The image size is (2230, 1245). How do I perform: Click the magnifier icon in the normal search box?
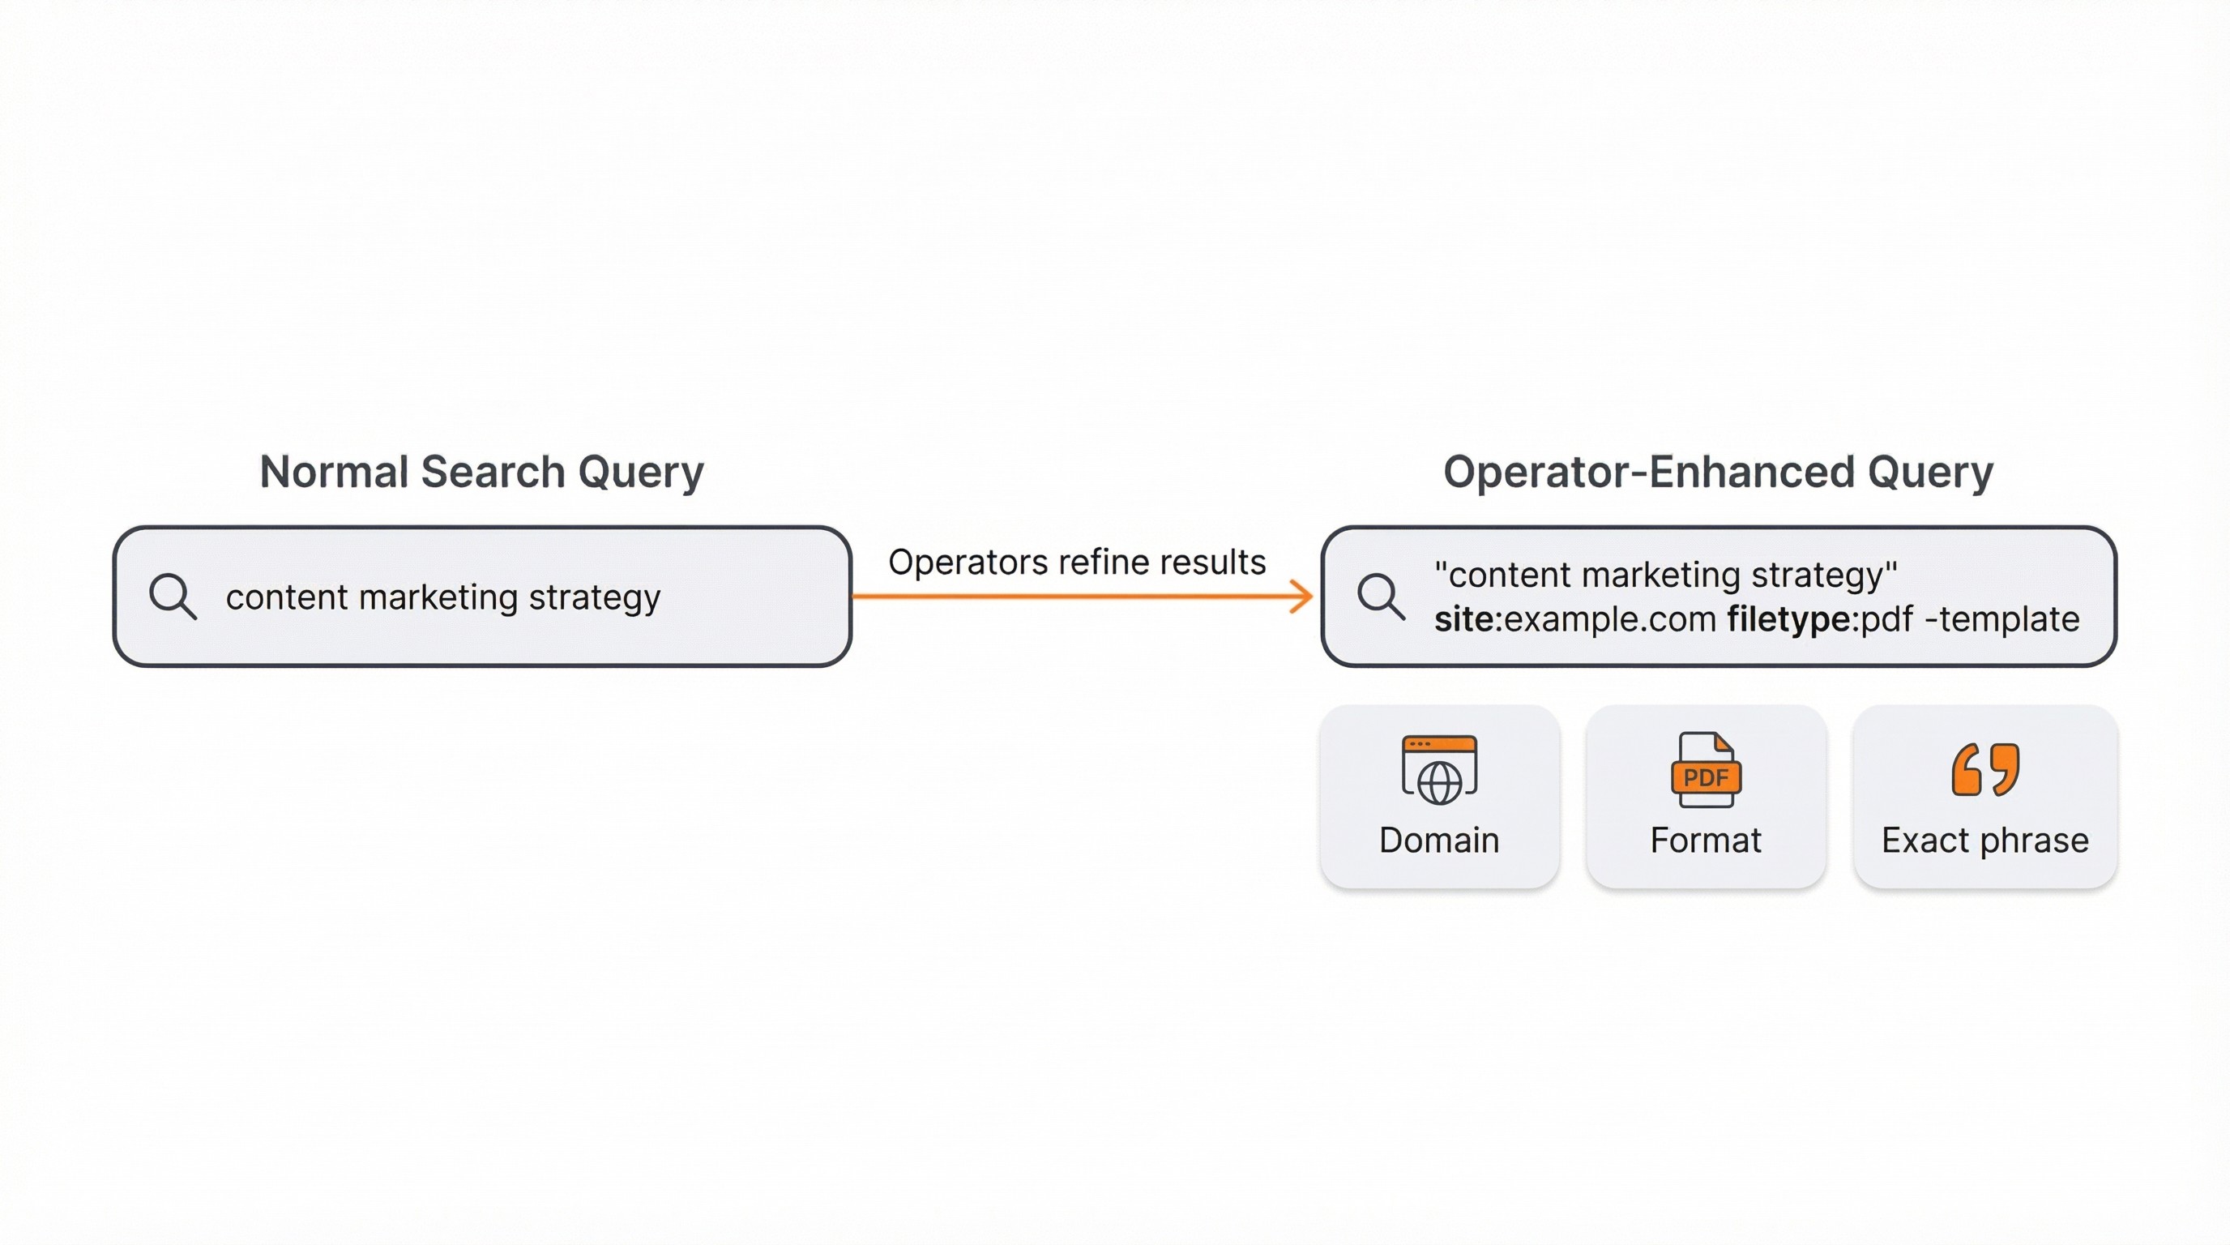click(x=173, y=596)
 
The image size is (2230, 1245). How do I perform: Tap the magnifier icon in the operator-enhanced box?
click(x=1380, y=596)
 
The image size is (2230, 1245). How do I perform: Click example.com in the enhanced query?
click(x=1610, y=620)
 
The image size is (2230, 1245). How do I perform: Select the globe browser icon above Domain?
click(x=1439, y=770)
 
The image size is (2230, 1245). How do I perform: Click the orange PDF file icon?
click(x=1706, y=770)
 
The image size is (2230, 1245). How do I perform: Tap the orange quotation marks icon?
click(x=1985, y=769)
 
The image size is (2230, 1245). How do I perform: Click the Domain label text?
click(x=1439, y=841)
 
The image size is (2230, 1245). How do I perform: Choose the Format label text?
click(x=1706, y=841)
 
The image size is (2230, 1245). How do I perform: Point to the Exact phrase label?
click(x=1985, y=841)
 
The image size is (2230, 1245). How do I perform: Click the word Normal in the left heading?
click(x=333, y=473)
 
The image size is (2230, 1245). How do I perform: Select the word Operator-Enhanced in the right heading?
click(x=1648, y=473)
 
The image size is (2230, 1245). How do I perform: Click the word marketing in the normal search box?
click(x=438, y=597)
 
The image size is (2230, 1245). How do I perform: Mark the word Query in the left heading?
click(x=641, y=473)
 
